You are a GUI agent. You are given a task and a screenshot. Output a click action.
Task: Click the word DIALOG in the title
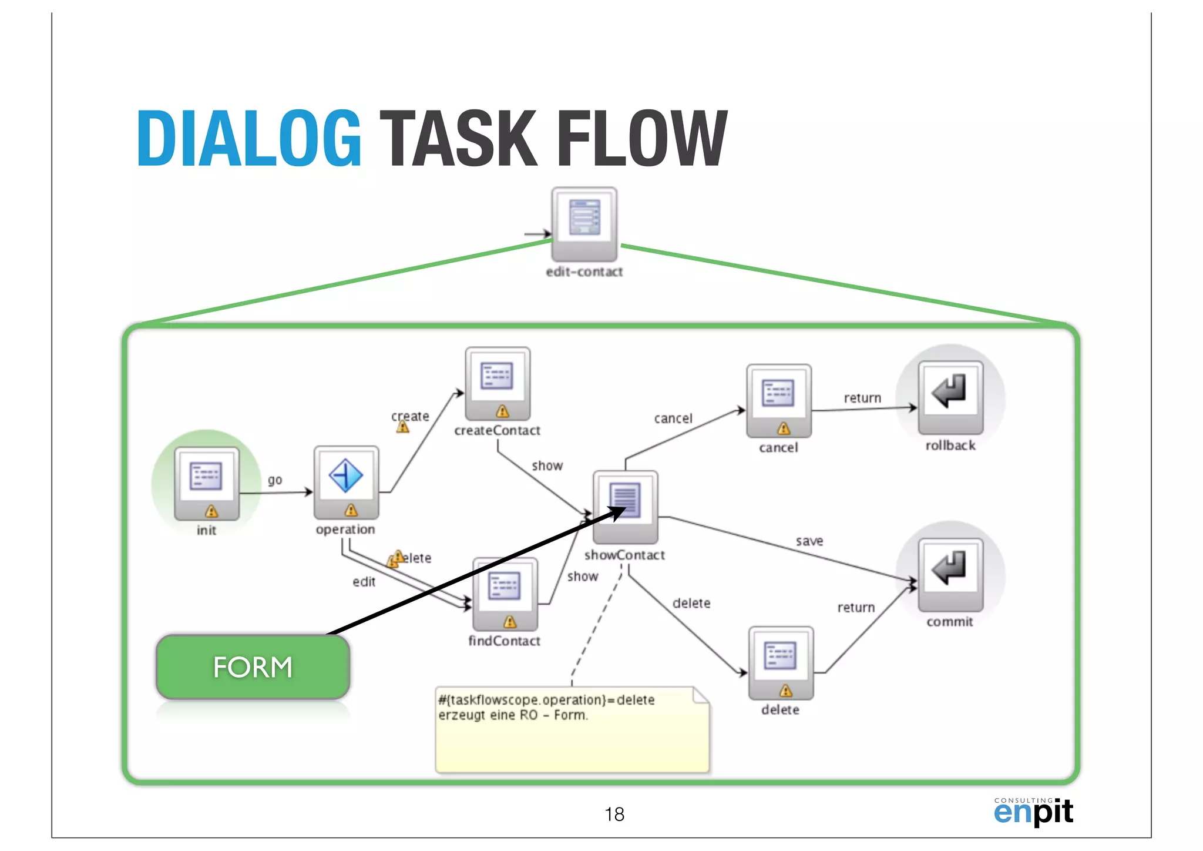tap(249, 139)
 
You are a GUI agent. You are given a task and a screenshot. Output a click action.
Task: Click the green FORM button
tap(253, 667)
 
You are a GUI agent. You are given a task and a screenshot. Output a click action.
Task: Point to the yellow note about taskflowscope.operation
tap(572, 729)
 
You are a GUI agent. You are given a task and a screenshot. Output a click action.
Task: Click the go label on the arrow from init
tap(275, 480)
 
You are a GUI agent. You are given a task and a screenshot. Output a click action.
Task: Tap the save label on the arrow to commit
tap(809, 541)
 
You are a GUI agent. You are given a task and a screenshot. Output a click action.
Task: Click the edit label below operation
tap(364, 581)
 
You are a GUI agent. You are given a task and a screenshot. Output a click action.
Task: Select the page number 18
tap(614, 814)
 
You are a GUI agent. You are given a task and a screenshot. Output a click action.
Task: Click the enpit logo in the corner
tap(1033, 812)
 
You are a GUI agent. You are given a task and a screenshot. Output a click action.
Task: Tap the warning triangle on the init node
tap(211, 511)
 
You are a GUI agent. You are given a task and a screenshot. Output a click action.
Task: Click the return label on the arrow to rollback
tap(862, 398)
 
